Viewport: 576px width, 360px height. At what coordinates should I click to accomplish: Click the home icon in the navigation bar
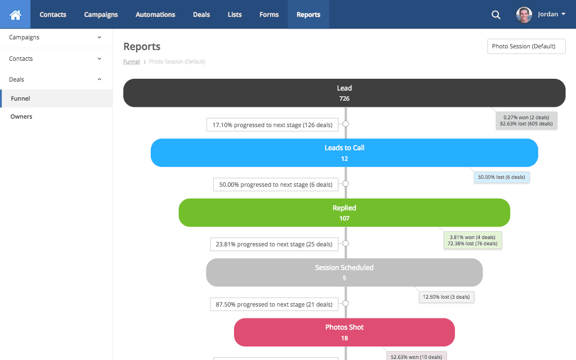coord(15,15)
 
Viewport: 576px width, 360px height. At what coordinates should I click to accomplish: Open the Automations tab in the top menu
coord(155,15)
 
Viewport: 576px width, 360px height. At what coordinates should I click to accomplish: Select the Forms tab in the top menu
coord(269,15)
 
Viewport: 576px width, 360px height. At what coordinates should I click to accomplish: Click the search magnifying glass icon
coord(496,15)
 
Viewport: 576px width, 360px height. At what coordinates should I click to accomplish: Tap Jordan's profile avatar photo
coord(524,15)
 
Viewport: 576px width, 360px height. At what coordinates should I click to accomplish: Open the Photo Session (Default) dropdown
coord(526,46)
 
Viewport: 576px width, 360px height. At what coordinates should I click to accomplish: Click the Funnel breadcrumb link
coord(132,62)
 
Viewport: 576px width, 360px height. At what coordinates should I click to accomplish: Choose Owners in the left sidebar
coord(21,116)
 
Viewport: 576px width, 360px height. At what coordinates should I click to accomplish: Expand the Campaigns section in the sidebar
coord(56,37)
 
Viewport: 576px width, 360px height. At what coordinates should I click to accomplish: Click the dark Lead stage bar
coord(344,93)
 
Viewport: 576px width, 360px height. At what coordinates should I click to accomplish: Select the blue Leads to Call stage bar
coord(344,153)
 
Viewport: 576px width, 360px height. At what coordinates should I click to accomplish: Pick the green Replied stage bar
coord(344,213)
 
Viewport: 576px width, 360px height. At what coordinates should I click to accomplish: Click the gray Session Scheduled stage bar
coord(344,273)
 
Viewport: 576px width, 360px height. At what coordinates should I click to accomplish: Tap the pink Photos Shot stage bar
coord(344,332)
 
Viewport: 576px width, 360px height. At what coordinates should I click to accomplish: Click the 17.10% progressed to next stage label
coord(272,124)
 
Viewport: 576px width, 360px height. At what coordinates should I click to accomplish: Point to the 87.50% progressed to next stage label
coord(274,304)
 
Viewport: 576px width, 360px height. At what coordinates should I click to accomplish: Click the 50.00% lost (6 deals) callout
coord(502,177)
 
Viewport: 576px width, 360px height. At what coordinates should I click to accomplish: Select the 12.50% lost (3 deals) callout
coord(447,296)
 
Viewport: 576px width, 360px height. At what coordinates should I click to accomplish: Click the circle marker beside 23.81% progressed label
coord(345,244)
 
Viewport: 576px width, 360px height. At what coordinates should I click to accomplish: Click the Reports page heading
coord(142,47)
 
